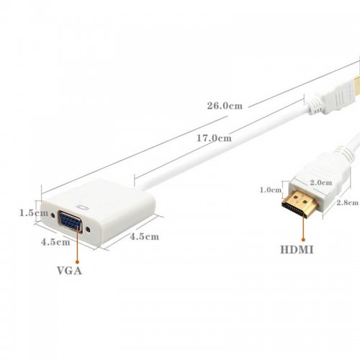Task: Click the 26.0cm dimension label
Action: pyautogui.click(x=225, y=106)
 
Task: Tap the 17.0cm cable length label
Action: pyautogui.click(x=215, y=138)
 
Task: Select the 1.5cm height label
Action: pyautogui.click(x=34, y=212)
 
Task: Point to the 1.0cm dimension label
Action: pyautogui.click(x=271, y=190)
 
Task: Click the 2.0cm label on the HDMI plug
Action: pyautogui.click(x=321, y=182)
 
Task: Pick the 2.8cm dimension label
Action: pyautogui.click(x=347, y=202)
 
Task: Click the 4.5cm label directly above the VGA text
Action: pyautogui.click(x=55, y=242)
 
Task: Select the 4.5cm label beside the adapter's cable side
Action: pyautogui.click(x=144, y=236)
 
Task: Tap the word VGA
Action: pyautogui.click(x=69, y=271)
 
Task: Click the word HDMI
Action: pyautogui.click(x=297, y=250)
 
